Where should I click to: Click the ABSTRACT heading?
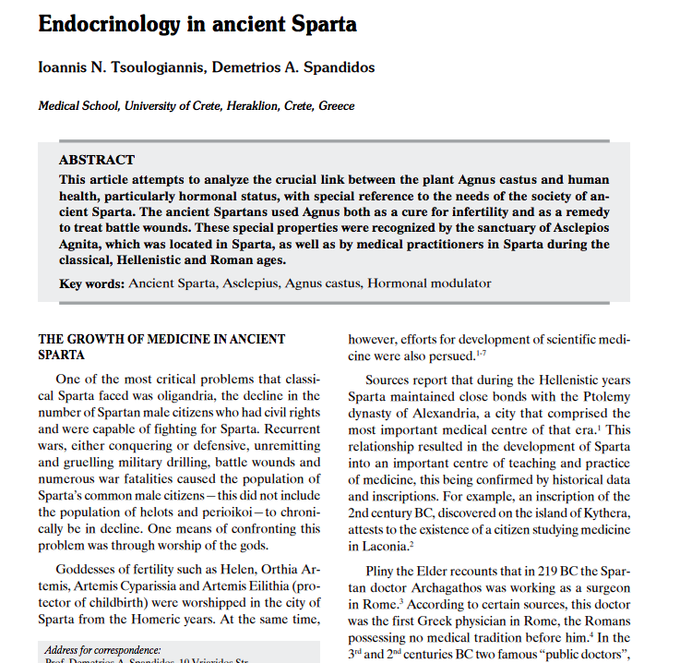[x=97, y=160]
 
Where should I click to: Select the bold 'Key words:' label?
[x=91, y=283]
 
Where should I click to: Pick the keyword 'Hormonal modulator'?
[x=429, y=283]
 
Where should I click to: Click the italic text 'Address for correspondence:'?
[x=102, y=650]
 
